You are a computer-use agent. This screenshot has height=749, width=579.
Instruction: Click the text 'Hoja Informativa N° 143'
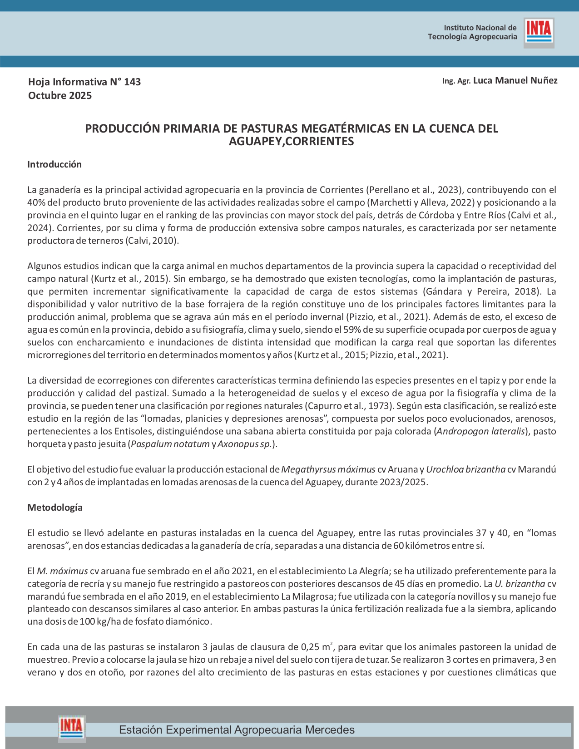point(84,82)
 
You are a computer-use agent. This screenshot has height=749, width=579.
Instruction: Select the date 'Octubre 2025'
point(60,96)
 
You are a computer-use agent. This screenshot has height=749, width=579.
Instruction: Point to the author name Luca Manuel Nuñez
point(515,81)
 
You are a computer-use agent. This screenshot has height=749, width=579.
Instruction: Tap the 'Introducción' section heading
point(54,164)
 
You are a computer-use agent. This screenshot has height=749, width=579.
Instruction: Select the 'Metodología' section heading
point(55,508)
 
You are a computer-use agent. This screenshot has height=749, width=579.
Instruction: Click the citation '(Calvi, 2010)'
point(152,241)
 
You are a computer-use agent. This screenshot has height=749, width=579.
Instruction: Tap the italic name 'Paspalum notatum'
point(170,444)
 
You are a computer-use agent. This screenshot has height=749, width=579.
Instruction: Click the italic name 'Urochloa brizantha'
point(465,469)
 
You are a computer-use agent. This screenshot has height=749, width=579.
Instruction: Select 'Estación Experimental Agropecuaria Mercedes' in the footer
point(237,730)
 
